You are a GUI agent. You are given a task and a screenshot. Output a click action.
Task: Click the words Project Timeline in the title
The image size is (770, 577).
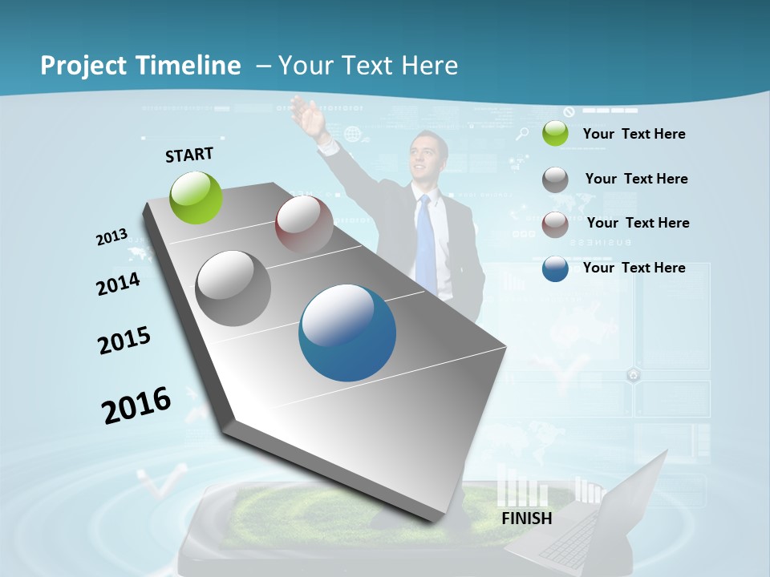140,66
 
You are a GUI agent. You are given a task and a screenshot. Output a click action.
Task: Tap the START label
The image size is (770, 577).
189,155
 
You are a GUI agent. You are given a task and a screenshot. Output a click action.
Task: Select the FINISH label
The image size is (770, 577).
527,518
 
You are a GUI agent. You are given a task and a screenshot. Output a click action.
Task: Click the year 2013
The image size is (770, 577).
111,237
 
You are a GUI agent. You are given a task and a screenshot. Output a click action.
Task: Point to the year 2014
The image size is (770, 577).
118,284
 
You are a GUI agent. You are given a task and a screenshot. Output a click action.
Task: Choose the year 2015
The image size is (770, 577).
124,341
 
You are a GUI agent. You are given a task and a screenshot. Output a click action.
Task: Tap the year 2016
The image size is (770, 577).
136,405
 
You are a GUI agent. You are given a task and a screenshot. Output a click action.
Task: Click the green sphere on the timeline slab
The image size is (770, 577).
197,197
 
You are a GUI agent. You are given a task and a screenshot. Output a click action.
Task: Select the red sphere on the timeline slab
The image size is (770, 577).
304,224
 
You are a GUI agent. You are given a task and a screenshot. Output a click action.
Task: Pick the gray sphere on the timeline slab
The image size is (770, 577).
233,288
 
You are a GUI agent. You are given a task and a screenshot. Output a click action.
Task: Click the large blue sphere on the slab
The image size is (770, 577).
347,333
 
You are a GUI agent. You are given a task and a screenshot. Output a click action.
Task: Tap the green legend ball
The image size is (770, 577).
555,134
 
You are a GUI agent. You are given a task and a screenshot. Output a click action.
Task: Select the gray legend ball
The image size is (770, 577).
555,180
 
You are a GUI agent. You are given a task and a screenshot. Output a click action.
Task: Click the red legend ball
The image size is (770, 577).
555,224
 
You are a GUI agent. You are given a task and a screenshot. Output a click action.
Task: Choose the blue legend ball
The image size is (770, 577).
555,268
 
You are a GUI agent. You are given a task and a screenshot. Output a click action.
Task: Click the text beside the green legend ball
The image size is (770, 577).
634,134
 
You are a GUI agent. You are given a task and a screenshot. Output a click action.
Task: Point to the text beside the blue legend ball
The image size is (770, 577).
634,268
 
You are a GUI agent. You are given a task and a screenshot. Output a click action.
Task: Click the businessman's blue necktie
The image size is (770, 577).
425,240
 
